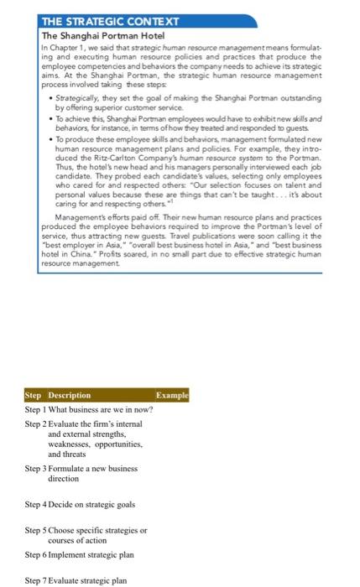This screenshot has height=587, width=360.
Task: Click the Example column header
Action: pos(173,395)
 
